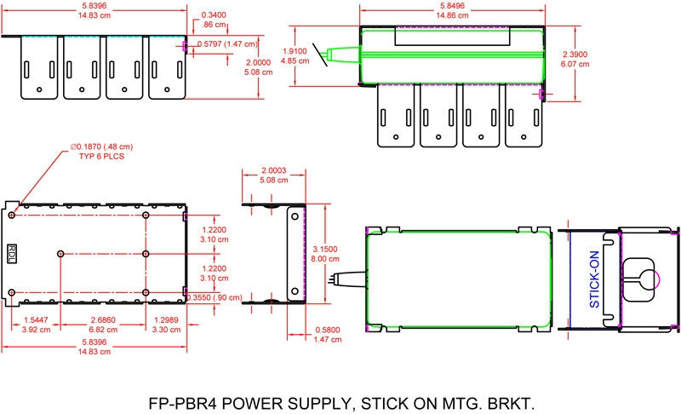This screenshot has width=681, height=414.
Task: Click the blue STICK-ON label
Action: click(594, 279)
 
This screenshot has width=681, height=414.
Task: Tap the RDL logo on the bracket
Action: click(12, 253)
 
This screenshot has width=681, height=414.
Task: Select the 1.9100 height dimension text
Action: click(295, 51)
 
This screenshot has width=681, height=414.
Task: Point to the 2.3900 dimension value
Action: click(575, 55)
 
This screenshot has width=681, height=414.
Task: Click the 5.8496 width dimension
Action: click(453, 6)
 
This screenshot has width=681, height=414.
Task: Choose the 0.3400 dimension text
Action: click(214, 15)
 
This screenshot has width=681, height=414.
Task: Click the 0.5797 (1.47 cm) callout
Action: click(227, 44)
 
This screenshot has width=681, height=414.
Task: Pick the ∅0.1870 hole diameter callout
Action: click(101, 147)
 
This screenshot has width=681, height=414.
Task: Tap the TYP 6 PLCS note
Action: click(101, 157)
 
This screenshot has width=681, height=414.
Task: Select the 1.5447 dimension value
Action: click(36, 320)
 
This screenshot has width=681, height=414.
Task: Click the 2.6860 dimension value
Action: click(103, 320)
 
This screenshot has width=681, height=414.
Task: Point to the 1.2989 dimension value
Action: click(165, 320)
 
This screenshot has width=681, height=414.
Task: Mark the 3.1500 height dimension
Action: click(325, 250)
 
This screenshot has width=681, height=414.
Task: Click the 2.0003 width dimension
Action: click(274, 170)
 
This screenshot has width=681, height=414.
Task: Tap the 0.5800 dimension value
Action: click(328, 331)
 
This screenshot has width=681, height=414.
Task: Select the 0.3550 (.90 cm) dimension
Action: click(215, 297)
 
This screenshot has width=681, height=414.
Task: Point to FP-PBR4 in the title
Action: click(183, 404)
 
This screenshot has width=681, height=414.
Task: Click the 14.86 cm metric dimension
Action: click(453, 15)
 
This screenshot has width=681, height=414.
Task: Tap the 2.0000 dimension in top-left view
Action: click(259, 62)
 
